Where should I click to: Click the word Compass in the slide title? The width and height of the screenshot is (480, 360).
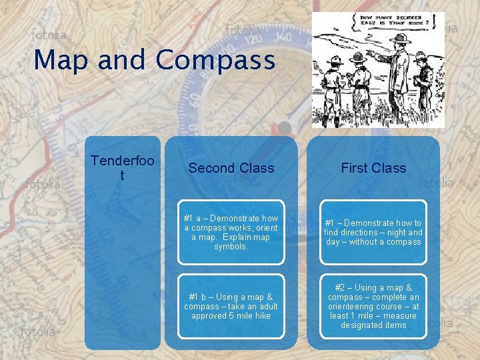215,60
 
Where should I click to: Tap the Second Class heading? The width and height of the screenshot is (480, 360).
231,168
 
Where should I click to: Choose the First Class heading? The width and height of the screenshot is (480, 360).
373,168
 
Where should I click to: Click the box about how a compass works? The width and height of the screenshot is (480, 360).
231,233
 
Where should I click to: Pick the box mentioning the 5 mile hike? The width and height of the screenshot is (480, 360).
231,306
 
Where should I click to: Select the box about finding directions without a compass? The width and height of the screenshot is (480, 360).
373,233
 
